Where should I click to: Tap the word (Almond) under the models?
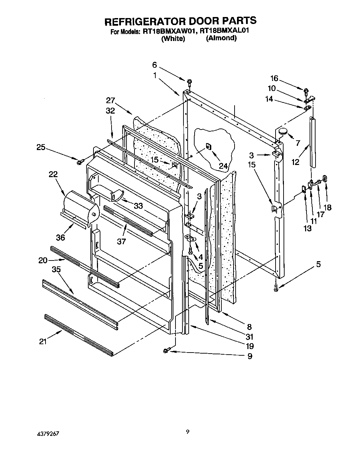(x=221, y=38)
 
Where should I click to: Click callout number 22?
(x=53, y=174)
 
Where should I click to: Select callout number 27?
(x=110, y=100)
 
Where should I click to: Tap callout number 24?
(x=223, y=166)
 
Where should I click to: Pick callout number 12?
(x=295, y=162)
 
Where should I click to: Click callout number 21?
(x=42, y=341)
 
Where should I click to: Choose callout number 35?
(x=56, y=269)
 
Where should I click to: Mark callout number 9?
(x=249, y=356)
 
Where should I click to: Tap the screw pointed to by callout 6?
(x=189, y=82)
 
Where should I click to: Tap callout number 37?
(x=121, y=241)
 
